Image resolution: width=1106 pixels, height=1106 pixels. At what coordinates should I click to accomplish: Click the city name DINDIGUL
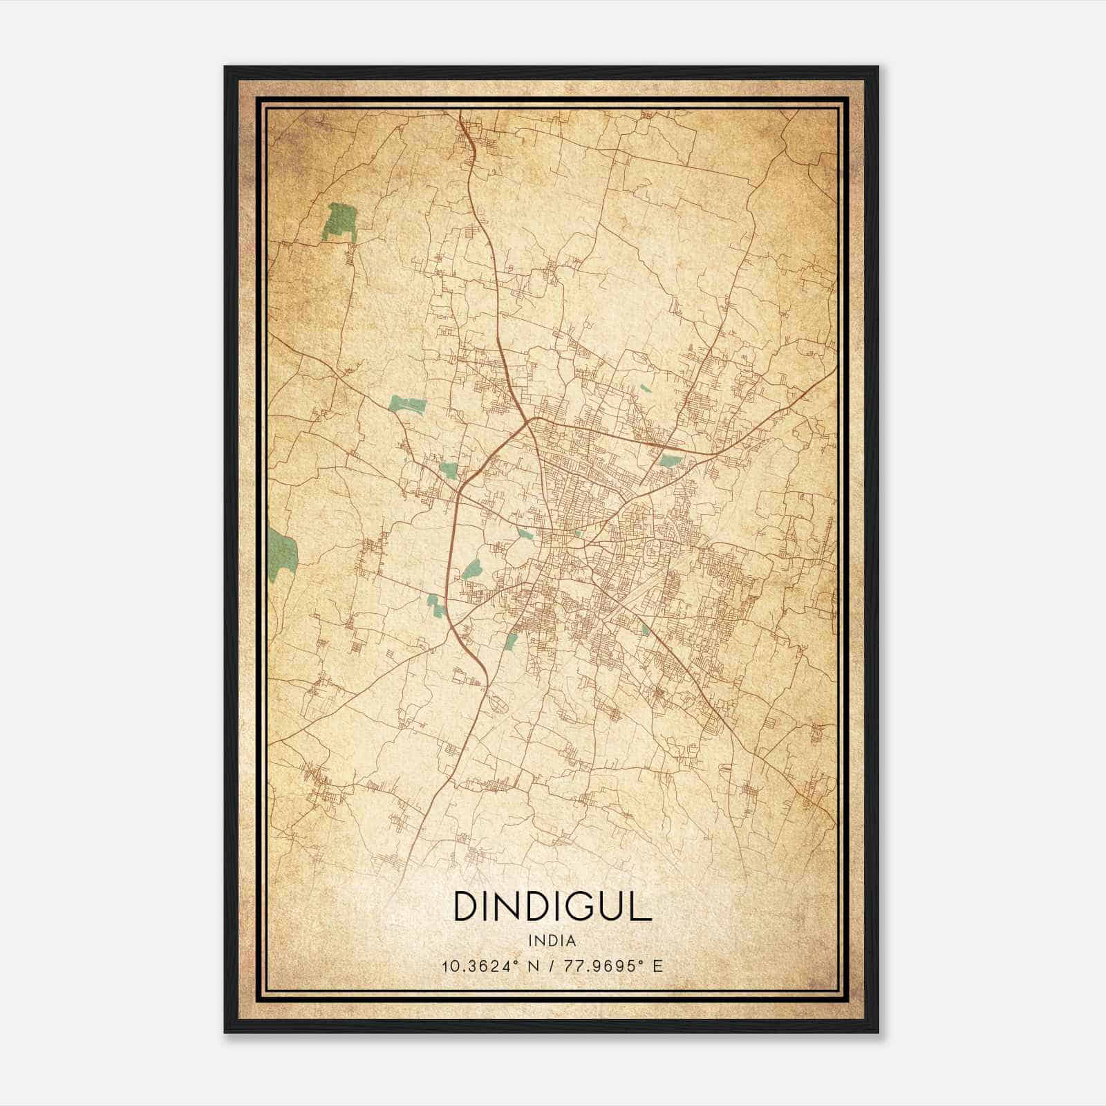[x=552, y=906]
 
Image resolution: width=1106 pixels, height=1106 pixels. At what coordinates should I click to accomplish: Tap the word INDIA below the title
[x=552, y=941]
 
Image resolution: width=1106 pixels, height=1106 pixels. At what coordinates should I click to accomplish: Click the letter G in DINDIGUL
[x=582, y=906]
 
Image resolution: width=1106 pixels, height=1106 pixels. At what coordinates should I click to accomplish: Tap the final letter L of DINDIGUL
[x=643, y=906]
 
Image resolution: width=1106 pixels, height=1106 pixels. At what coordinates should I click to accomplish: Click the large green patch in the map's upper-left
[x=339, y=223]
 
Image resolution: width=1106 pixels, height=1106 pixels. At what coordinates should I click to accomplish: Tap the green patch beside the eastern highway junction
[x=668, y=460]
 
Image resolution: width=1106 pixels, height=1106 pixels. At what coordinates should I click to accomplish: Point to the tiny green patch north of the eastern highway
[x=646, y=388]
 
